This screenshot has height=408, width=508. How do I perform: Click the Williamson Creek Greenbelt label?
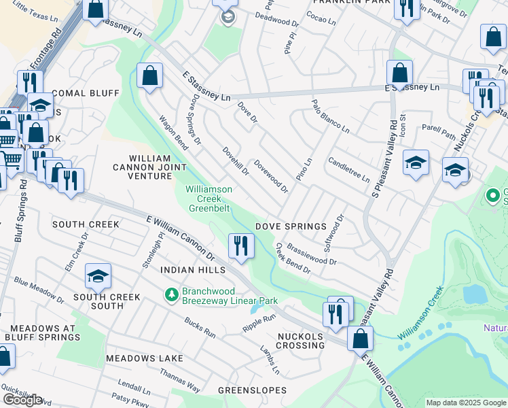pyautogui.click(x=209, y=199)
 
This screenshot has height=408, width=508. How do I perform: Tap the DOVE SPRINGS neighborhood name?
pyautogui.click(x=291, y=226)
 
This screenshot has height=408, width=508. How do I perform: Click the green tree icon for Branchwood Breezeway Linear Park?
pyautogui.click(x=172, y=294)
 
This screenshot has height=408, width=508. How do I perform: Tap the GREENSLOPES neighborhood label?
pyautogui.click(x=252, y=390)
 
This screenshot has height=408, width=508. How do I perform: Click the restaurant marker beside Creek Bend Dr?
pyautogui.click(x=240, y=245)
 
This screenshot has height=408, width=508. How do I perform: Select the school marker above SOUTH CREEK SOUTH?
pyautogui.click(x=98, y=275)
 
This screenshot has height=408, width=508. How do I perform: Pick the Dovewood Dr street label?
pyautogui.click(x=270, y=176)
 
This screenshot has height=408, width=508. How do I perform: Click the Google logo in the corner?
pyautogui.click(x=22, y=400)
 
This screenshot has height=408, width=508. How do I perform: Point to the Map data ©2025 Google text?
pyautogui.click(x=466, y=403)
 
